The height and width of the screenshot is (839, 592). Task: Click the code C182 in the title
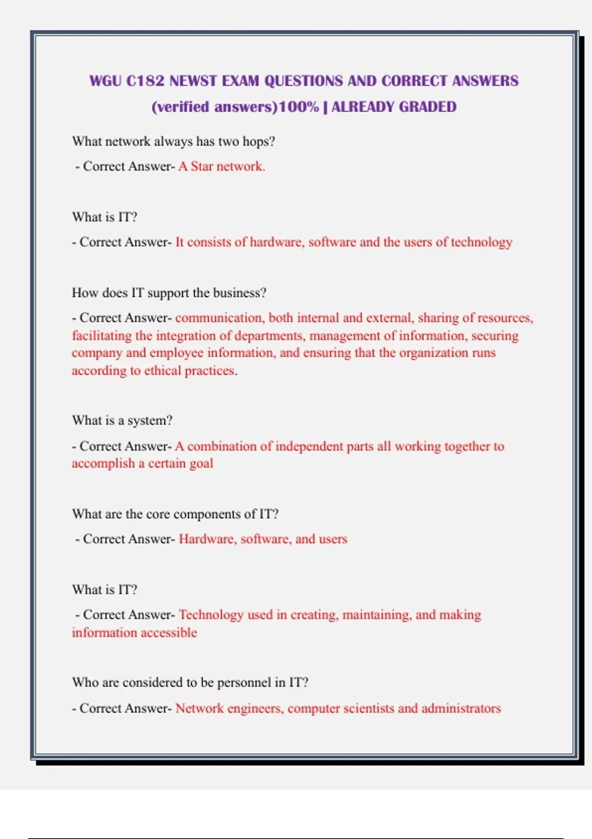coord(145,81)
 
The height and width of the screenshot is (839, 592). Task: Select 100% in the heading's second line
coord(299,107)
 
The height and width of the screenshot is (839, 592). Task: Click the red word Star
coord(202,167)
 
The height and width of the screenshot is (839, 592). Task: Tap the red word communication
coord(219,318)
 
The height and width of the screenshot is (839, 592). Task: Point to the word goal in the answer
coord(201,464)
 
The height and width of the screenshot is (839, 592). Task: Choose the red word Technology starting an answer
coord(211,615)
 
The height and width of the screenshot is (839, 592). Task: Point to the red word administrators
coord(461,709)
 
